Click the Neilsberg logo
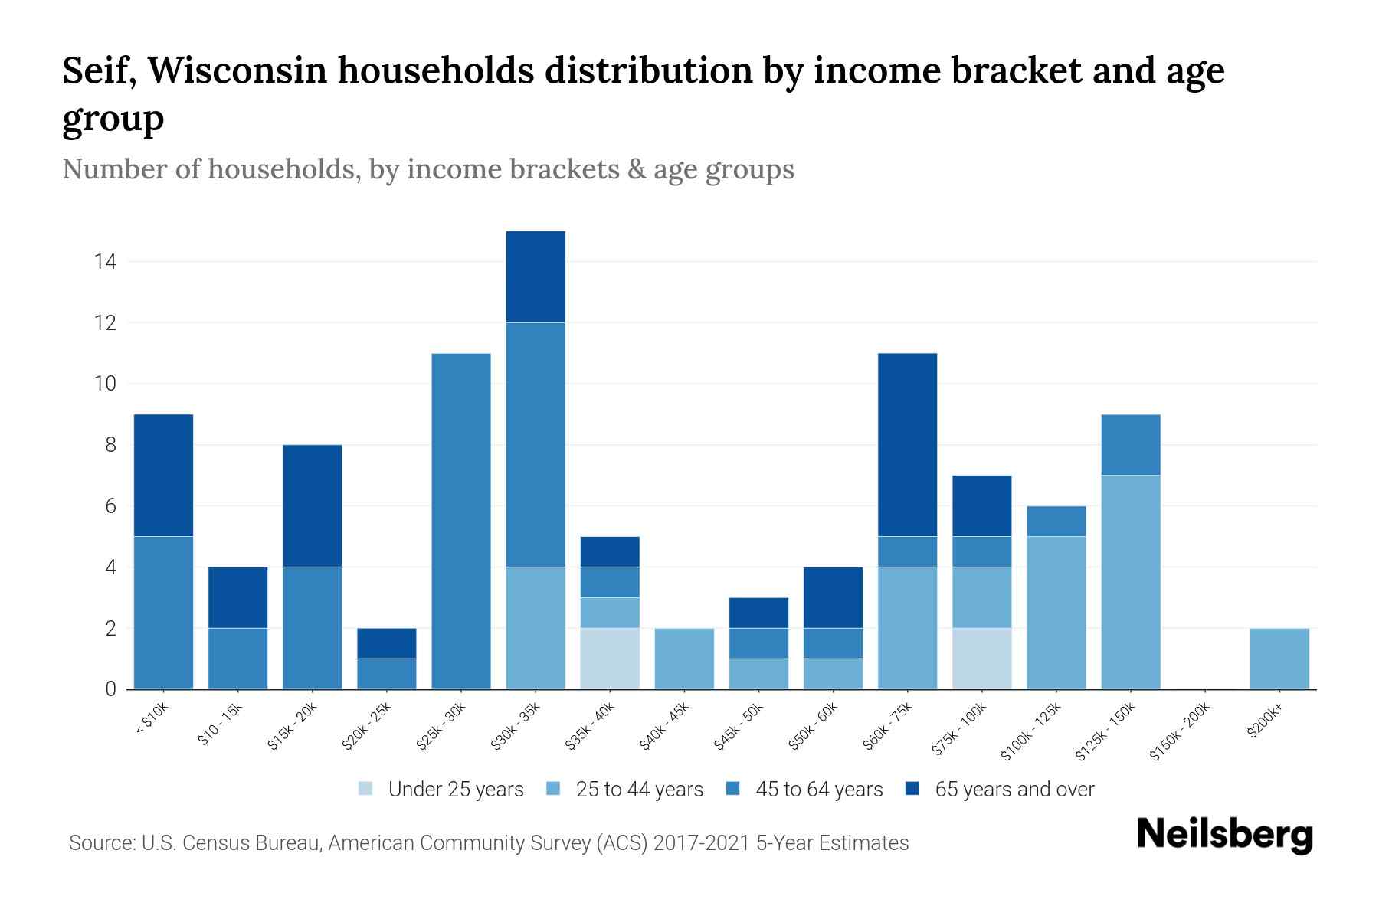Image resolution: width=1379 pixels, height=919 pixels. pyautogui.click(x=1224, y=835)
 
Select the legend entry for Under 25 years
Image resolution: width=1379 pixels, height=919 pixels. pyautogui.click(x=441, y=790)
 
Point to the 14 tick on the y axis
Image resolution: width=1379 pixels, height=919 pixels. pyautogui.click(x=105, y=262)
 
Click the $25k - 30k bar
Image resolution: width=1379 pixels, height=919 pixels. pyautogui.click(x=461, y=521)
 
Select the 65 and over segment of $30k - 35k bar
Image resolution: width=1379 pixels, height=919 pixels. pyautogui.click(x=536, y=276)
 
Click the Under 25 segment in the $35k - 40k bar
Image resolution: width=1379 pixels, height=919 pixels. pyautogui.click(x=610, y=659)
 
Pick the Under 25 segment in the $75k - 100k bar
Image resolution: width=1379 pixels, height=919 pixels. pyautogui.click(x=982, y=659)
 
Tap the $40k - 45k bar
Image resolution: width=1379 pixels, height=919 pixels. pyautogui.click(x=684, y=659)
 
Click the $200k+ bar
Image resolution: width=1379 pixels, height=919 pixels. pyautogui.click(x=1279, y=659)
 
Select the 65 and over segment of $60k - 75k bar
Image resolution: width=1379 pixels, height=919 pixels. pyautogui.click(x=907, y=444)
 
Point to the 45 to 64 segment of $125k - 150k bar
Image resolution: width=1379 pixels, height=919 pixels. pyautogui.click(x=1131, y=444)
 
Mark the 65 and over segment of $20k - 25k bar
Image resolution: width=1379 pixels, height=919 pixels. pyautogui.click(x=387, y=643)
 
